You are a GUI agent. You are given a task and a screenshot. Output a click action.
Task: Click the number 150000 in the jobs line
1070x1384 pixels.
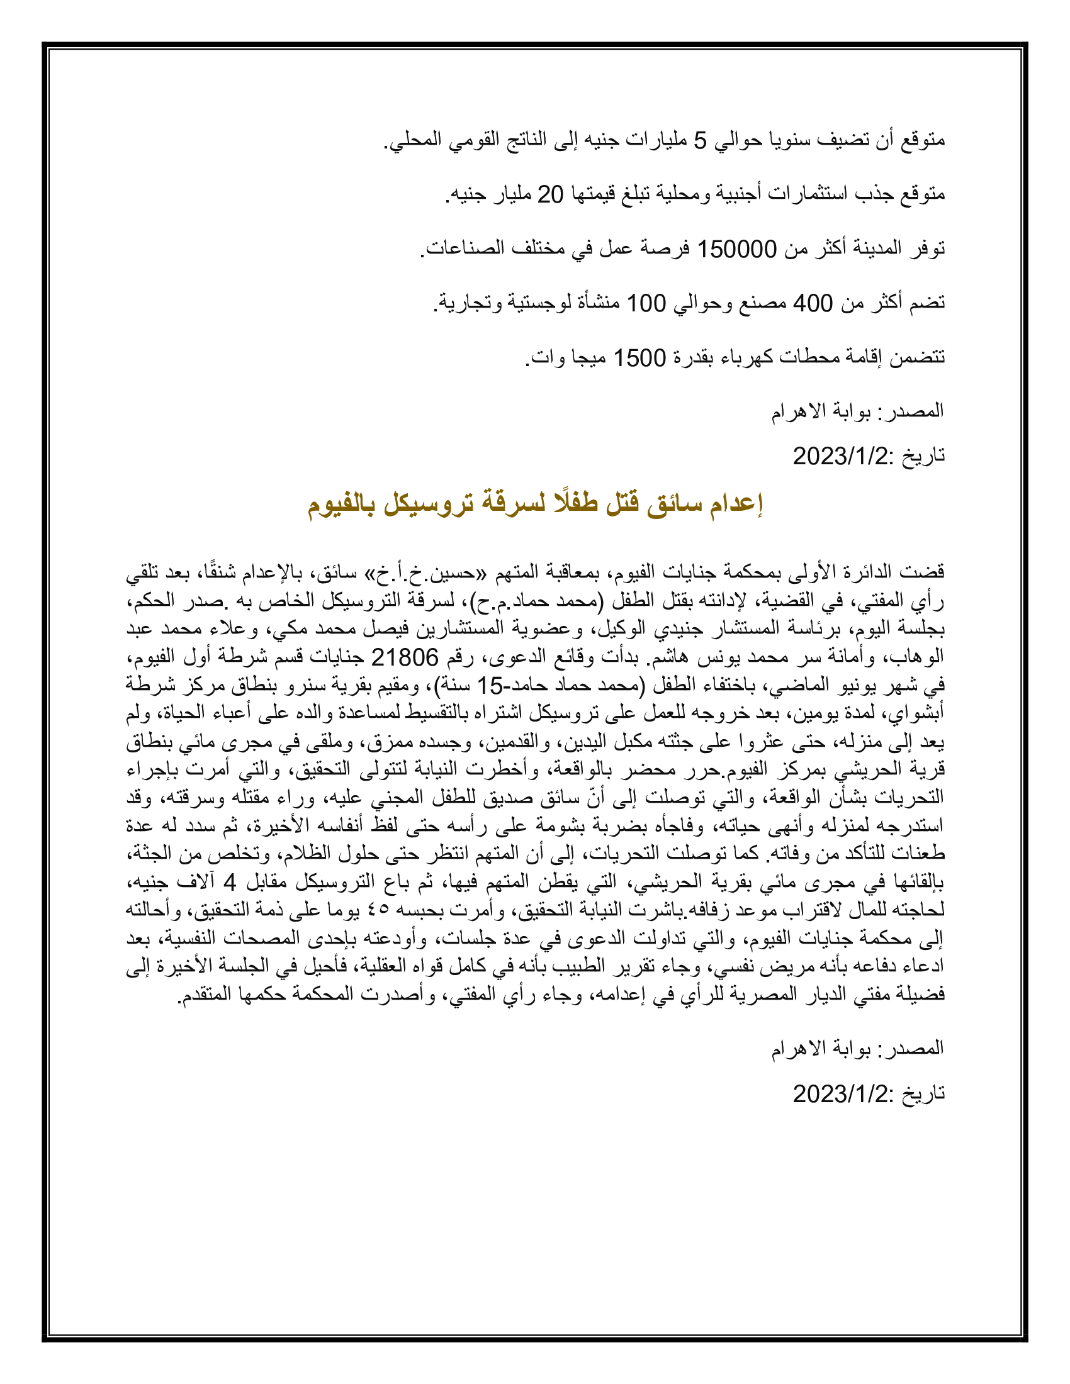click(x=736, y=249)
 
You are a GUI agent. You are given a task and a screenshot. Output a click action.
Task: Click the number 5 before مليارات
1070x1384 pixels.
click(x=700, y=140)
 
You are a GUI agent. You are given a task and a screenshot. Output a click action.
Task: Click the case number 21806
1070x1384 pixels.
click(x=405, y=658)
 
